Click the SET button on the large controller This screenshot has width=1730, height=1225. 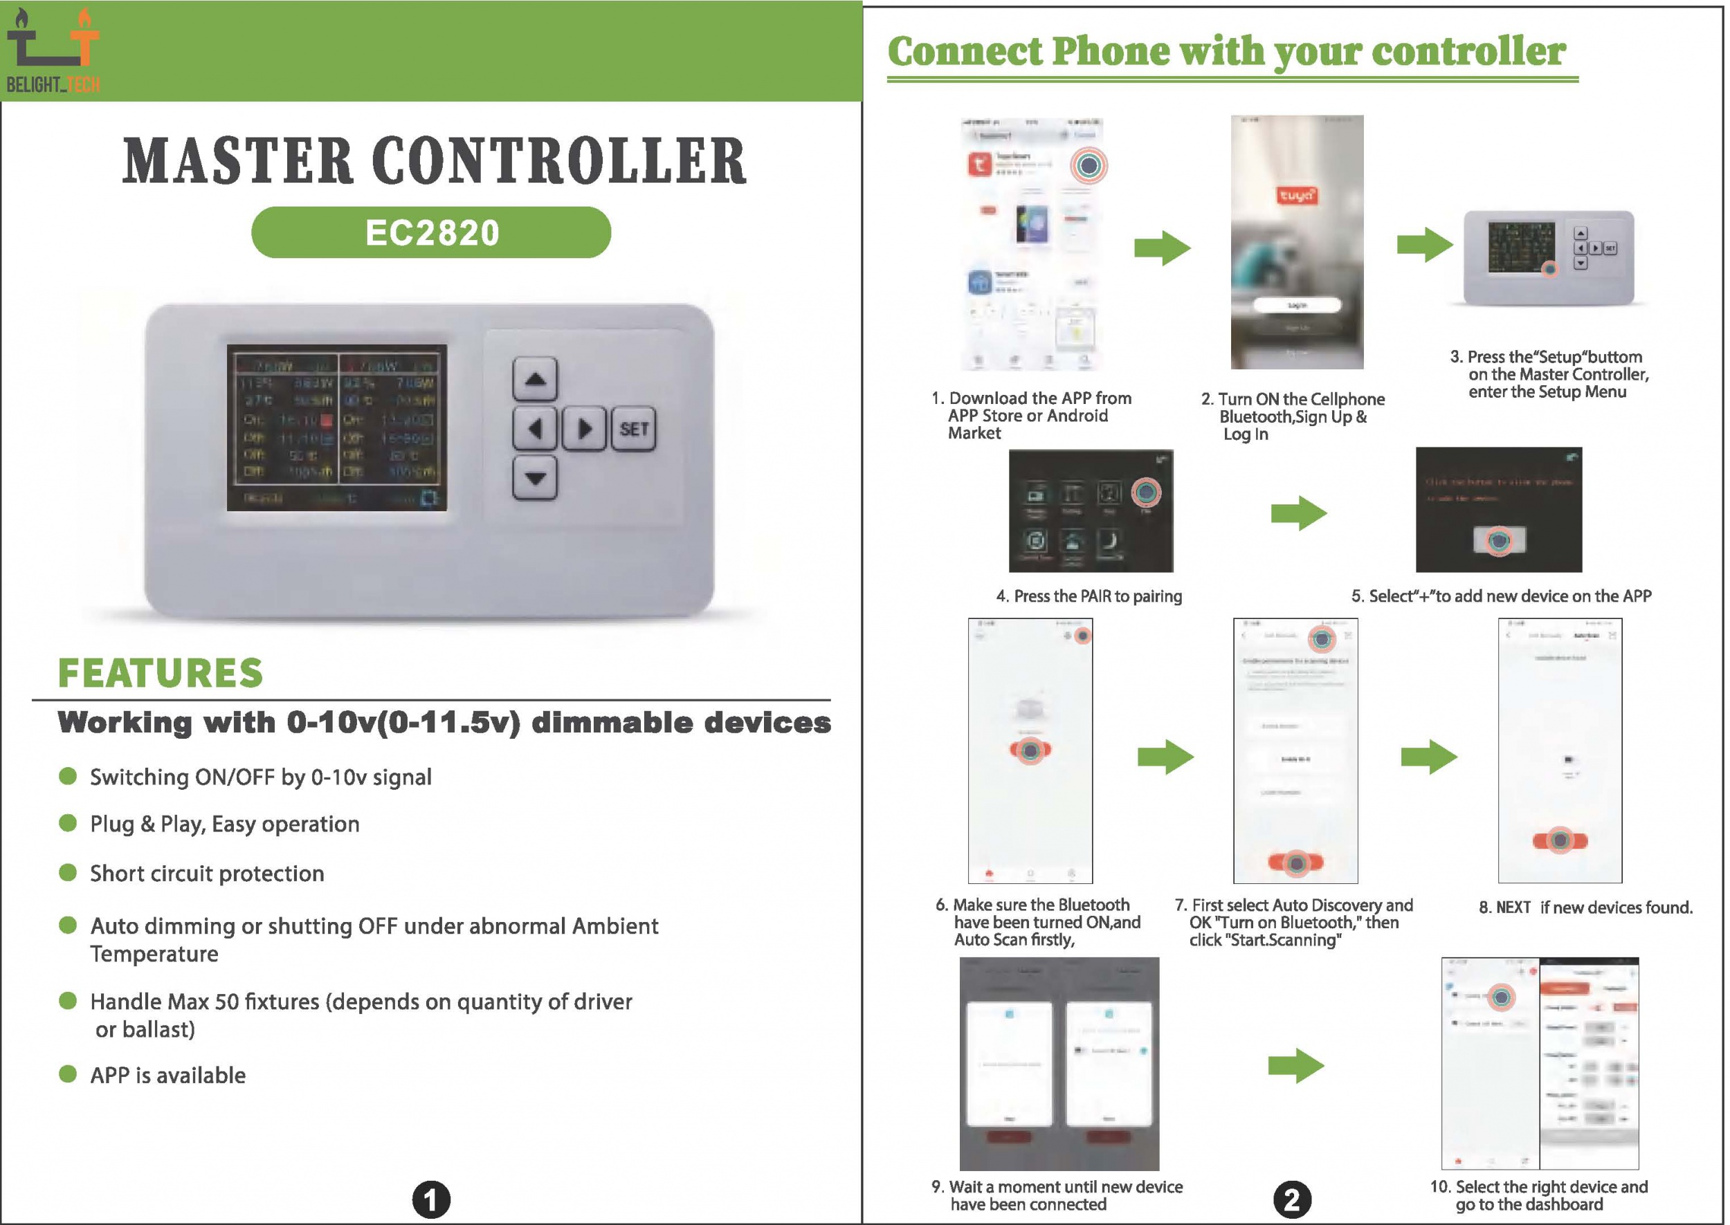633,430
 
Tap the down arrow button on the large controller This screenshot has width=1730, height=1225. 535,478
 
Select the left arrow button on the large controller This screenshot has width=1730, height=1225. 535,430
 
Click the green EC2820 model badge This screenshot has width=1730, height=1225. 431,232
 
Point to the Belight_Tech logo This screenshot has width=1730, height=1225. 53,50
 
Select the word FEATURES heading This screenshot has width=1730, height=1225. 160,674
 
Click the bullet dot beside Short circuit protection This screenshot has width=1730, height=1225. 68,873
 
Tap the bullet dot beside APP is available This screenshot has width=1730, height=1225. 68,1074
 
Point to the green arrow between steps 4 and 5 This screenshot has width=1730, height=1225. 1297,514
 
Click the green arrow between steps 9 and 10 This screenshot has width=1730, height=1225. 1295,1066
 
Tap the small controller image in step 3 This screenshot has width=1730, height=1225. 1548,258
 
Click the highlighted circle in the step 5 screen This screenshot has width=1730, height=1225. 1499,541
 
